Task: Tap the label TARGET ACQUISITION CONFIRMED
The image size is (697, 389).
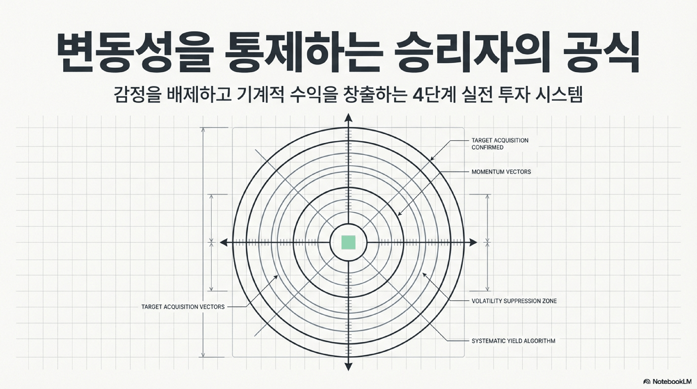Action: [500, 144]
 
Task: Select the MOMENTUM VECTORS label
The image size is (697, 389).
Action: [501, 172]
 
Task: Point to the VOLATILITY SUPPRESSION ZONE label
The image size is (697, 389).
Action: [514, 301]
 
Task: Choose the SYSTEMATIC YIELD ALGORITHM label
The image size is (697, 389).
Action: [513, 341]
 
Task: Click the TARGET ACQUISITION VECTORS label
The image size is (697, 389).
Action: [183, 307]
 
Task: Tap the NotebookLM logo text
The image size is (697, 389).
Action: [671, 381]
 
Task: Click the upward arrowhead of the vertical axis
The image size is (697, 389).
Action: [348, 118]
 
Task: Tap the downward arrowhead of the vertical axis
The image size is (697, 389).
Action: [348, 367]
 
